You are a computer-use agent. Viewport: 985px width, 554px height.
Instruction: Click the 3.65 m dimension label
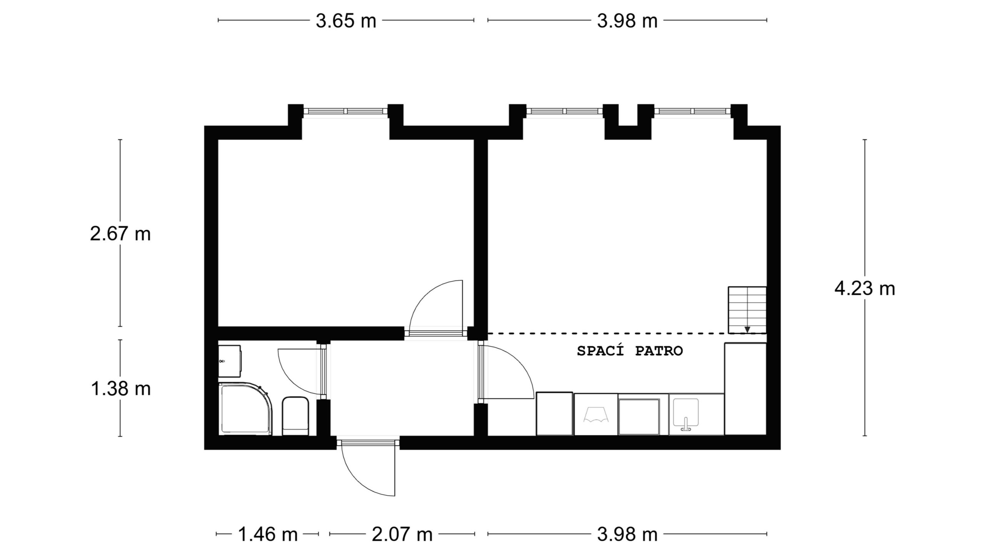point(346,21)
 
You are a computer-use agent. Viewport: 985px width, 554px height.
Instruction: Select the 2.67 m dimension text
point(120,234)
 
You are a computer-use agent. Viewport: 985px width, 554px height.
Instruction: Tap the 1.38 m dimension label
point(120,389)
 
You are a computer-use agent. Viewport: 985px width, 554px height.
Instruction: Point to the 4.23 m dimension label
point(865,289)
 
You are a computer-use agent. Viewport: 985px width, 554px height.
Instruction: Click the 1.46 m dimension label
point(268,534)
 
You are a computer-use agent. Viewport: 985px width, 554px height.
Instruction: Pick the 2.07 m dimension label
point(402,534)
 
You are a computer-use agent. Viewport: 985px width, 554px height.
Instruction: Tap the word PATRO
point(659,351)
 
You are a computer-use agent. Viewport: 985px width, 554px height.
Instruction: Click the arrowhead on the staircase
point(747,329)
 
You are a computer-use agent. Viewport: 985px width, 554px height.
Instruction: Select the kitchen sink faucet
point(686,424)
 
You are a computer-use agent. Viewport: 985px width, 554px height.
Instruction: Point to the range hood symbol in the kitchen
point(596,415)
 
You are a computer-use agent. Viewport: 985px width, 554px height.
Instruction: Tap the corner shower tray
point(245,409)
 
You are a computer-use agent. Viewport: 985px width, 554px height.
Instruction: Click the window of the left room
point(345,111)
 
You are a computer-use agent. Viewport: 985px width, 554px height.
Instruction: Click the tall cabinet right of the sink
point(746,389)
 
